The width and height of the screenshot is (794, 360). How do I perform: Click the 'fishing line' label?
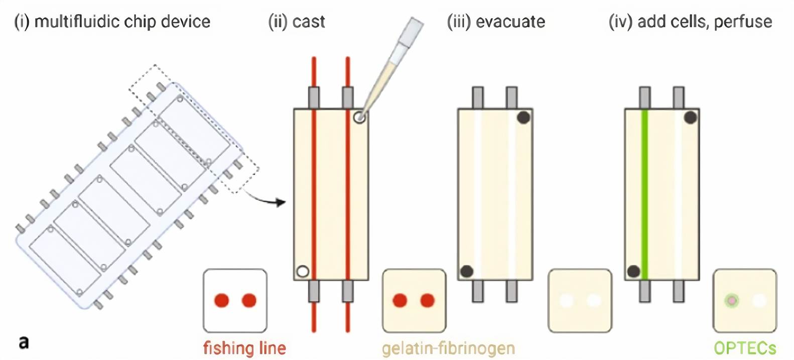click(244, 347)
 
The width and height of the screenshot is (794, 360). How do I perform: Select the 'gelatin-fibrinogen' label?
click(448, 347)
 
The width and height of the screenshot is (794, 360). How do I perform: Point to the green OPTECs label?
click(745, 347)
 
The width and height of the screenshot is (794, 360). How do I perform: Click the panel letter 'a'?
click(24, 342)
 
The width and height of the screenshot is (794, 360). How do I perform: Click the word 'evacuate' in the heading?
click(510, 22)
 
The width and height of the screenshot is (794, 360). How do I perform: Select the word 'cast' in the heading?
click(309, 22)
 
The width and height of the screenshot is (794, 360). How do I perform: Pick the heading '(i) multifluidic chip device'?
click(112, 22)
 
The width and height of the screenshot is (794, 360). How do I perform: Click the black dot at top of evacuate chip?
click(523, 117)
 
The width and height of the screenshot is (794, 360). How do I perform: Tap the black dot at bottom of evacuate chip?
click(467, 271)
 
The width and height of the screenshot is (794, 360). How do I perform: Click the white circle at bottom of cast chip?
click(302, 271)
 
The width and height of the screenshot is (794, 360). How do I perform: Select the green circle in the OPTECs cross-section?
click(732, 301)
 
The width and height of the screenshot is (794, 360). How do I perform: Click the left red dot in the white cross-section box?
click(221, 300)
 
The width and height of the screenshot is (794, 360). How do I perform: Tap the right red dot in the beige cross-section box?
click(427, 300)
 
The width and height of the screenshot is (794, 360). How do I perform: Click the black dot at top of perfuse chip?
click(691, 117)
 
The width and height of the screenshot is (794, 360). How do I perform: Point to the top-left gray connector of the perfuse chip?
click(645, 97)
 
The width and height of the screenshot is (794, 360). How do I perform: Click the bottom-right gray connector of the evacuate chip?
click(511, 291)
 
